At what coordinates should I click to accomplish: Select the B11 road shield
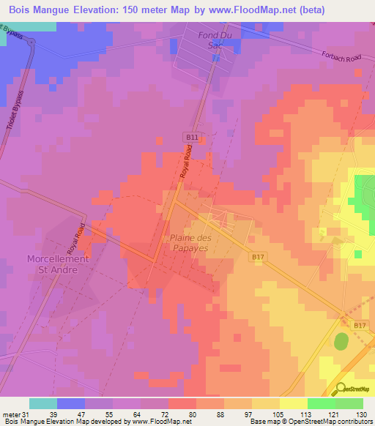(x=191, y=137)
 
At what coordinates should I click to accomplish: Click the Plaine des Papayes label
(x=199, y=243)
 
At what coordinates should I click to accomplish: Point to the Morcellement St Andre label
(x=57, y=264)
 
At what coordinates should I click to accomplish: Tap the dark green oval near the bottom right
(x=341, y=341)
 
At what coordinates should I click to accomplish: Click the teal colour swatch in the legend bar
(x=42, y=403)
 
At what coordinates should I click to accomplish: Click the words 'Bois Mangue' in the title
(x=41, y=10)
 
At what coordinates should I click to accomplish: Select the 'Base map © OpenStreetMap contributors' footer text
(x=310, y=422)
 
